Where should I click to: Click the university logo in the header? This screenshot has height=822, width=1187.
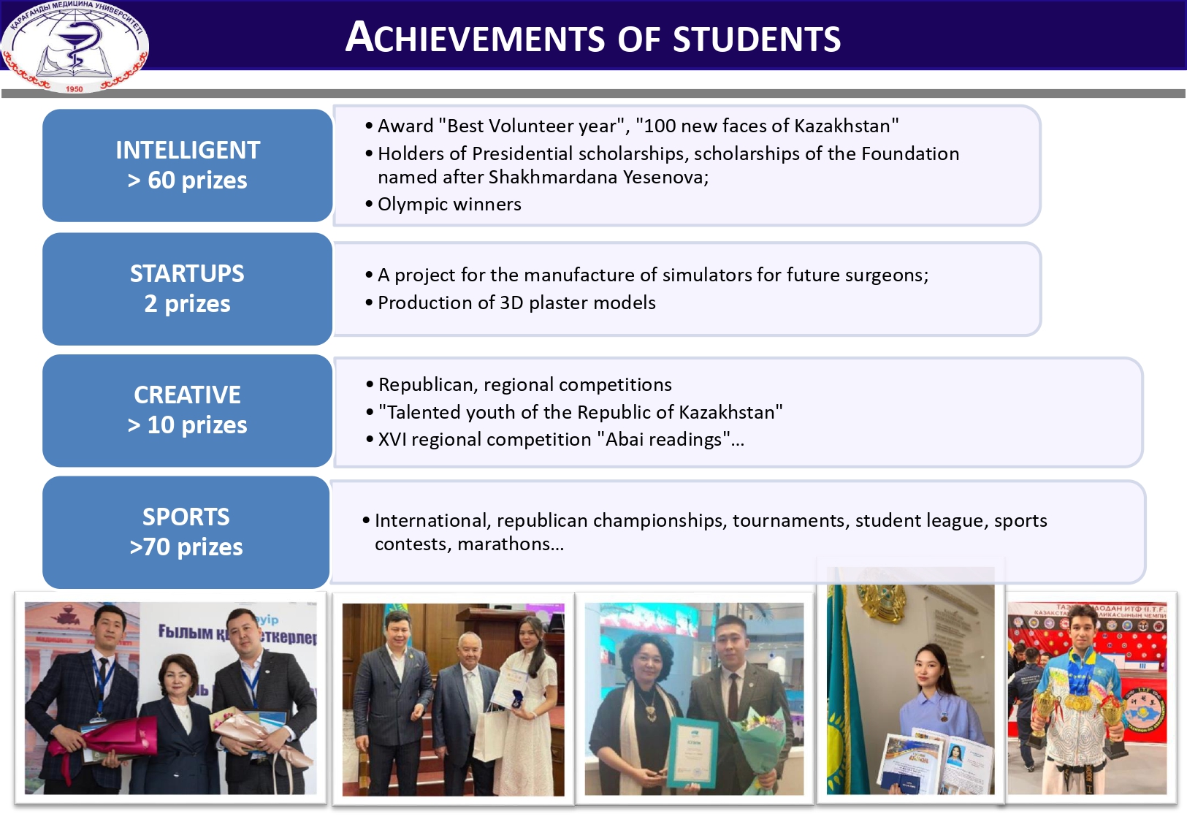coord(75,46)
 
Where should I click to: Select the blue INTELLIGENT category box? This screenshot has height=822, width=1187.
coord(187,165)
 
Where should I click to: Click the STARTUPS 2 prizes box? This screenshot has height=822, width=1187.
coord(187,289)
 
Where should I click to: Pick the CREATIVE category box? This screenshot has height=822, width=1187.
coord(187,410)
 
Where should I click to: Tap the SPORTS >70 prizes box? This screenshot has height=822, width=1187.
coord(186,532)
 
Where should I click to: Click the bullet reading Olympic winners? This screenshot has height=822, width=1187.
coord(449,204)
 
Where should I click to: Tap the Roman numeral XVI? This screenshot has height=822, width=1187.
coord(392,439)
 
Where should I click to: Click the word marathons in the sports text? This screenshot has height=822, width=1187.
coord(503,544)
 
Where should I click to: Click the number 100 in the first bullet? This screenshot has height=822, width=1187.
coord(660,126)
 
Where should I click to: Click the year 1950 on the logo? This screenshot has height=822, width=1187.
coord(75,89)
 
